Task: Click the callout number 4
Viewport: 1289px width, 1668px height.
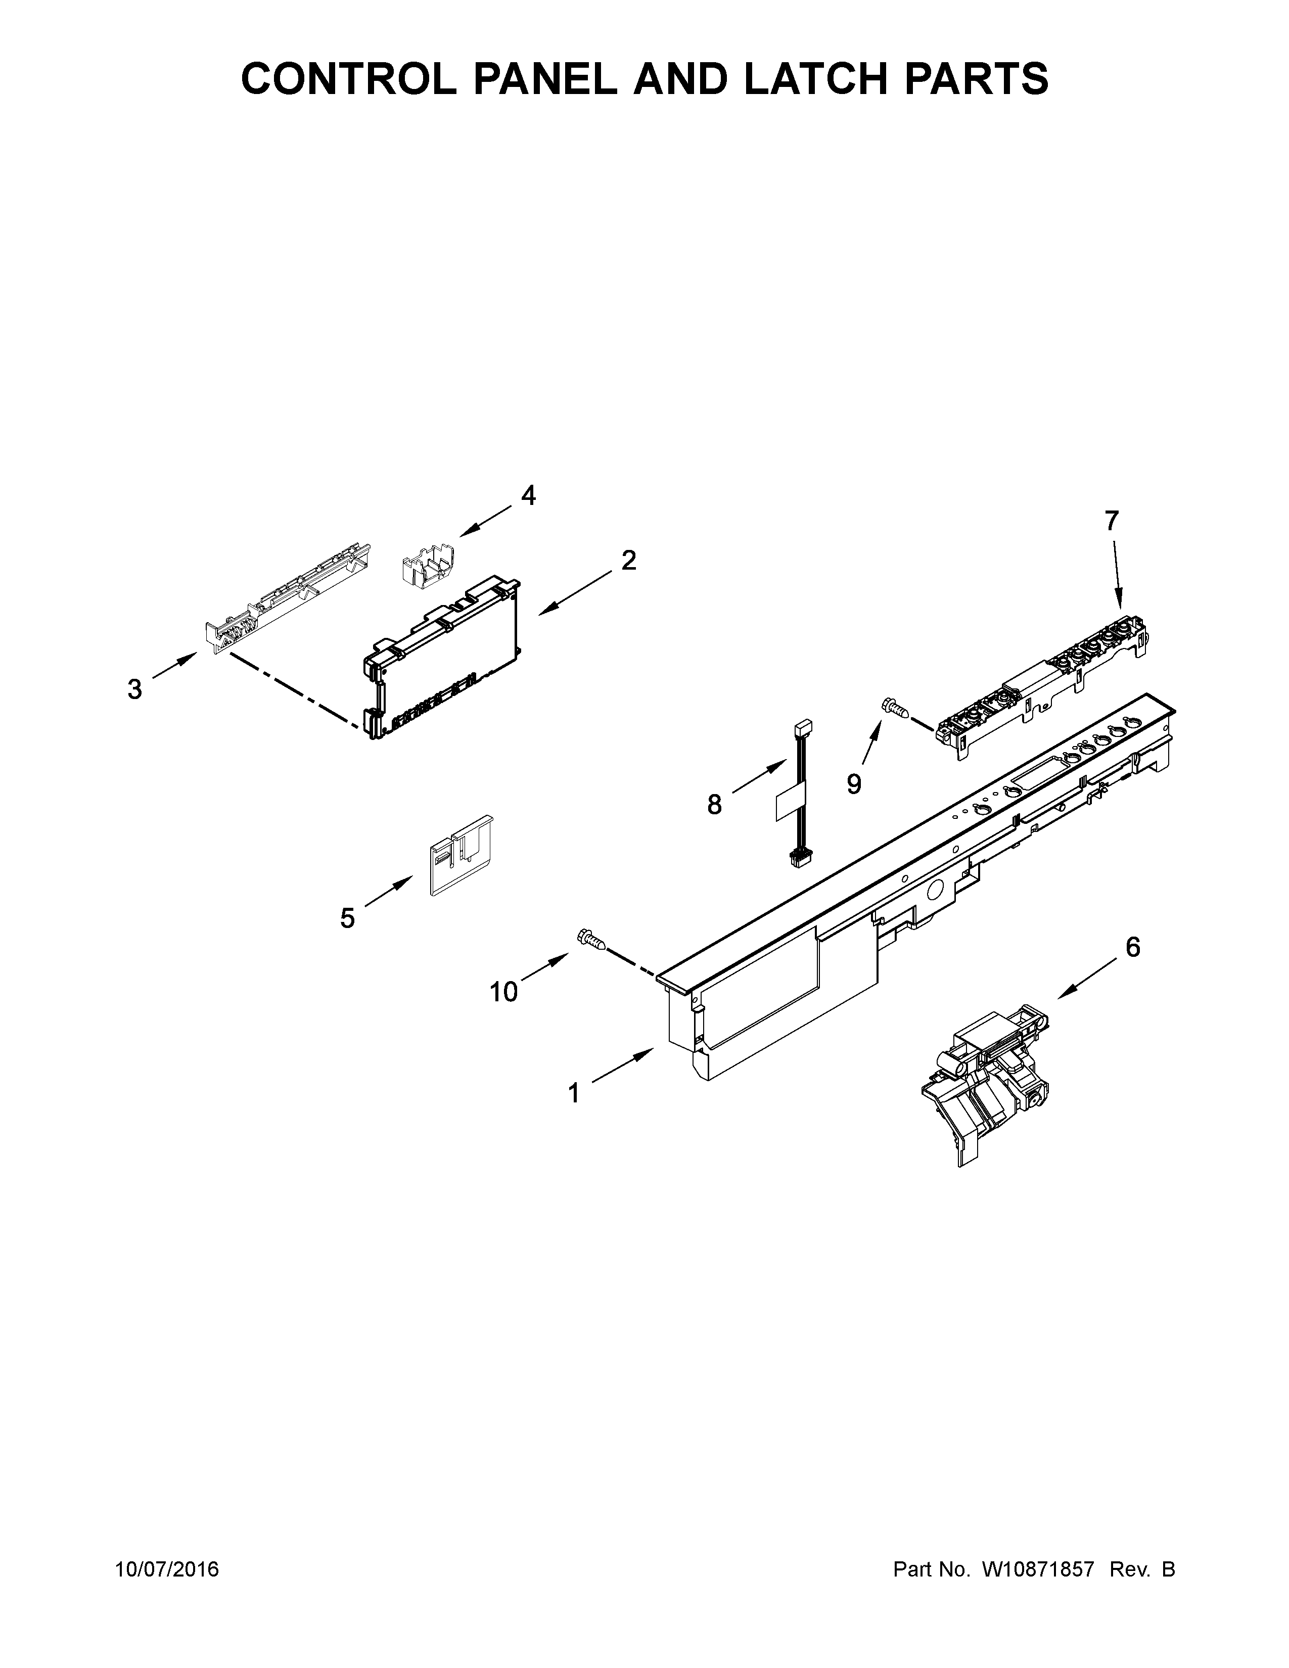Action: point(528,496)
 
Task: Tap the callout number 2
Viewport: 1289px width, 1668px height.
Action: point(628,561)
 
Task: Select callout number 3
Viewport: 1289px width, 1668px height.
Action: point(134,689)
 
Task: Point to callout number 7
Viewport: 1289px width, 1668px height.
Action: point(1111,521)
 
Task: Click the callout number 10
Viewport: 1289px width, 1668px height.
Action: point(504,992)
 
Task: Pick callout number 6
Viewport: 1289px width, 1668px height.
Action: point(1132,947)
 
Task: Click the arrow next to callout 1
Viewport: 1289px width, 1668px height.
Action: point(622,1065)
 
